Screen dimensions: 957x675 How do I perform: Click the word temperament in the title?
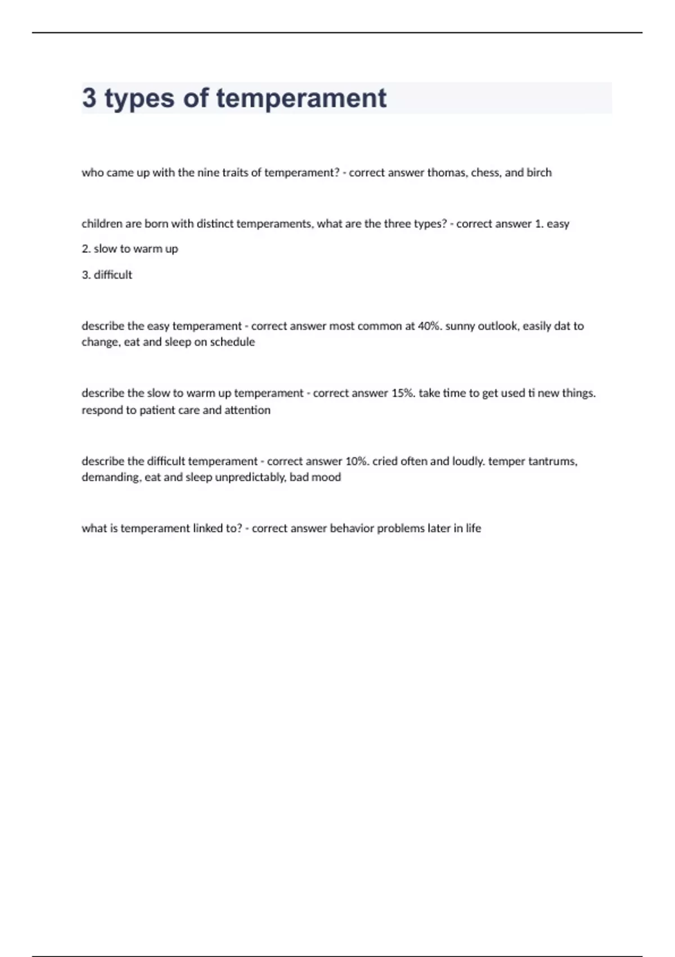tap(301, 98)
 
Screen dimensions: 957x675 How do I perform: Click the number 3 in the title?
tap(89, 98)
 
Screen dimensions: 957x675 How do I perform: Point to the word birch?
tap(539, 173)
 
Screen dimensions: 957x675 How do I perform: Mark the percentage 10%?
tap(357, 461)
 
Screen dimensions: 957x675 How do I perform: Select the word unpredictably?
tap(250, 477)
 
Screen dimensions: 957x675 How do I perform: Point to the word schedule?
tap(232, 342)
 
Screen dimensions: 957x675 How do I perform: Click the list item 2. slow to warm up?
tap(130, 249)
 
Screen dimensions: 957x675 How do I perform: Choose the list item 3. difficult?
tap(107, 275)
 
